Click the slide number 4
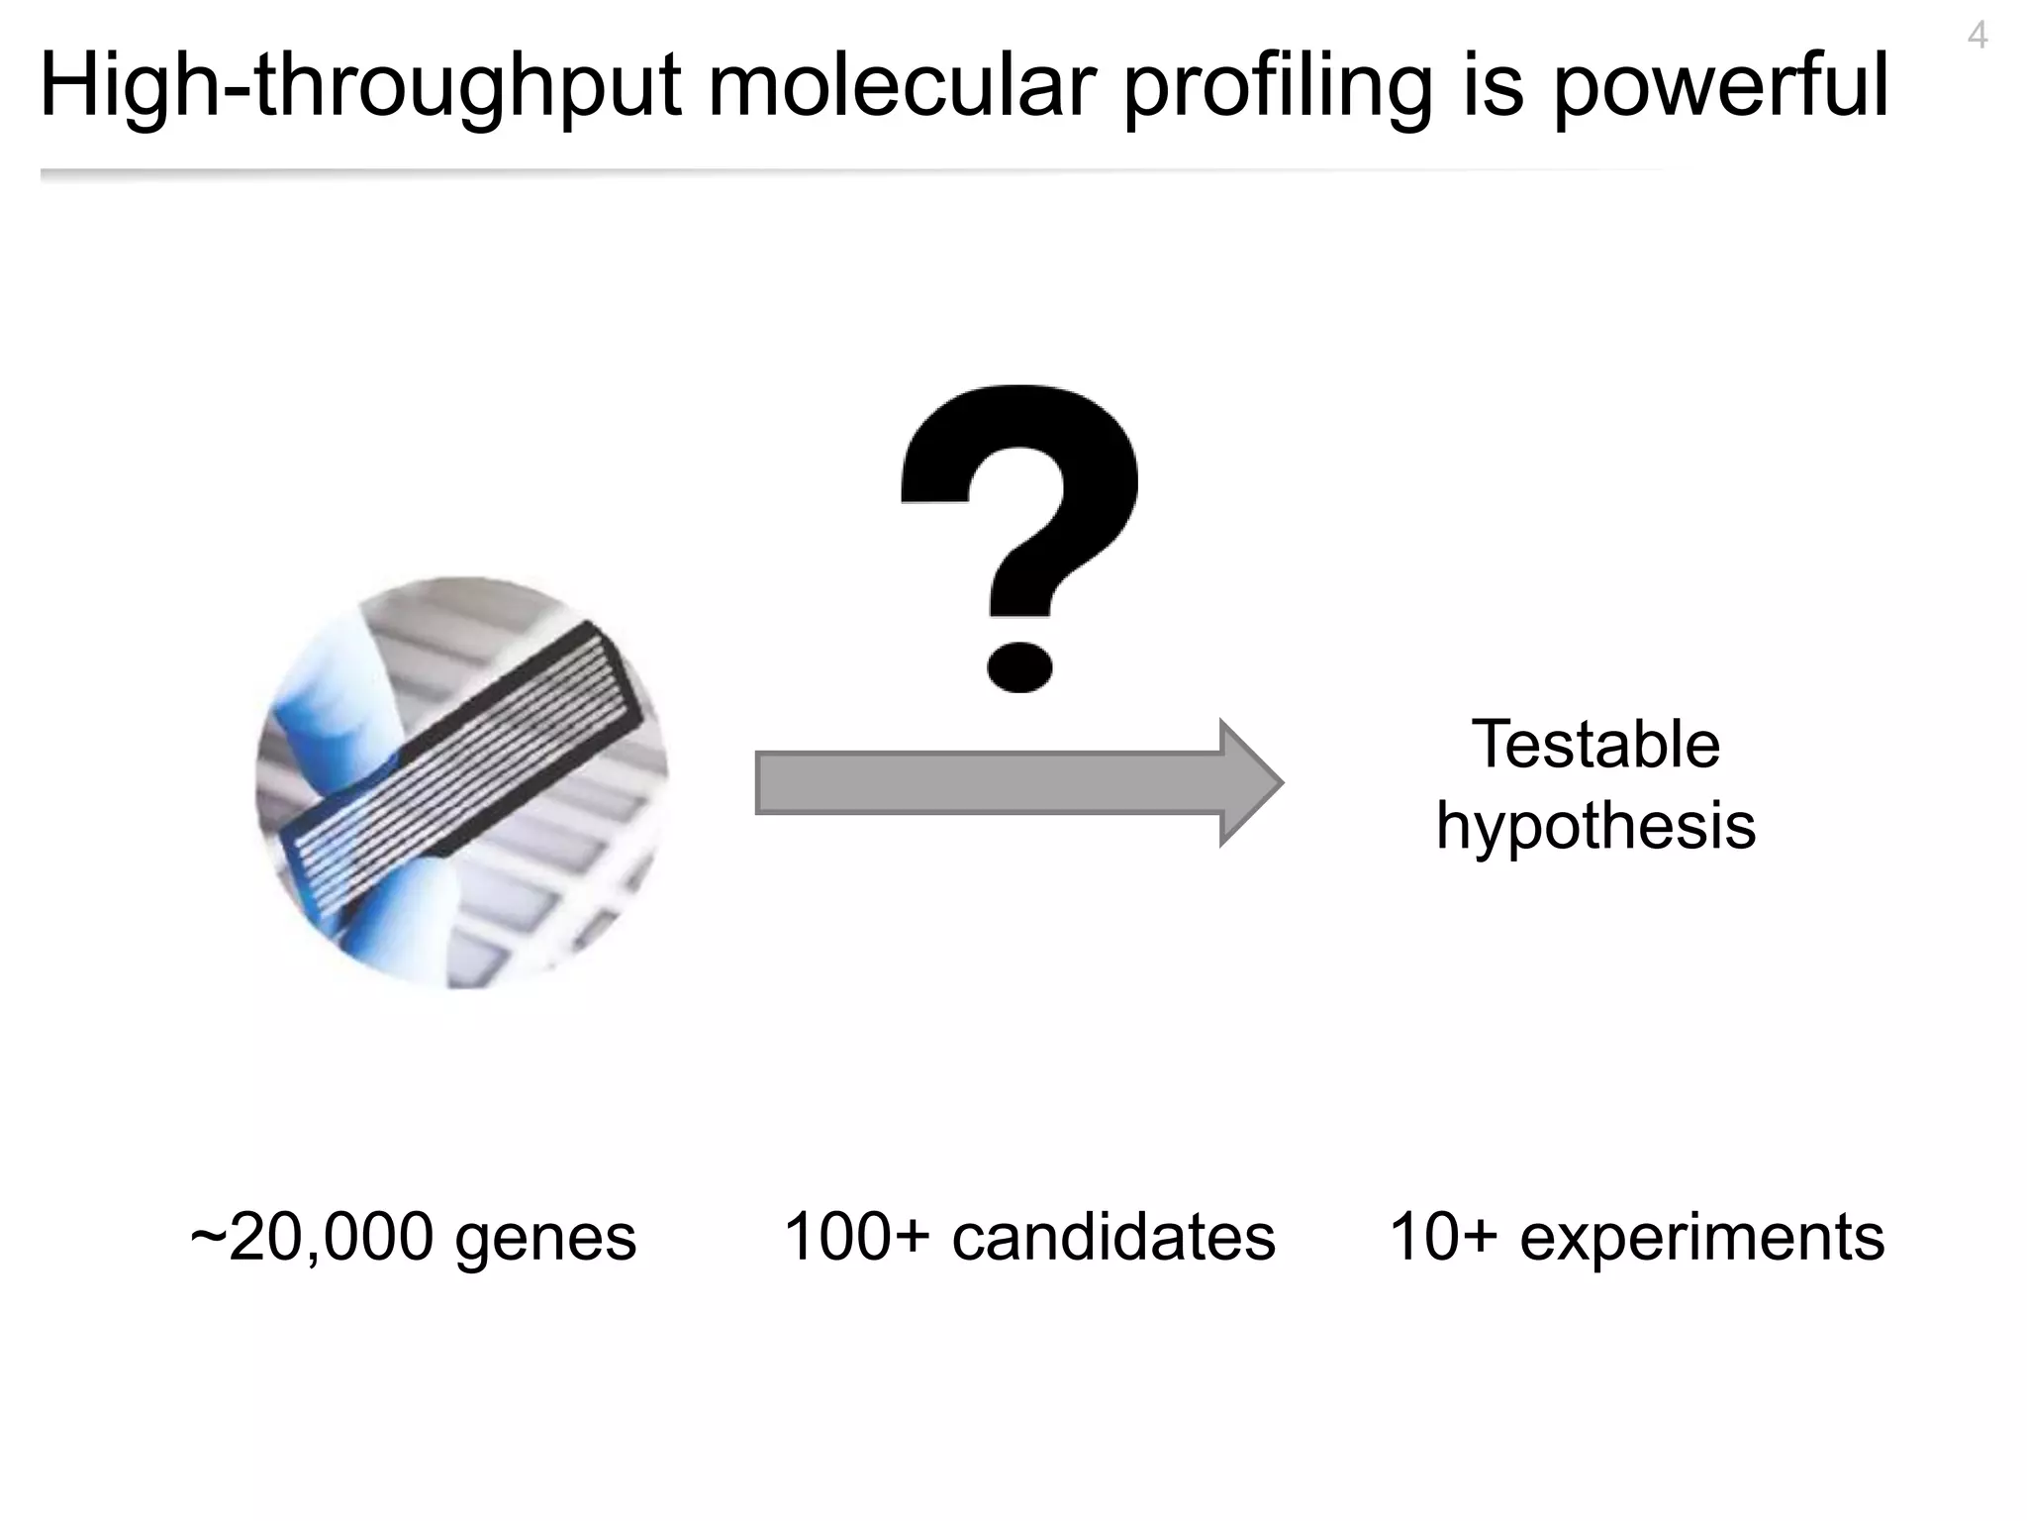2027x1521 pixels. coord(1977,37)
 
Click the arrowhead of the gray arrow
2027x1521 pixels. coord(1249,782)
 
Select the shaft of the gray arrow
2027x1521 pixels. coord(990,783)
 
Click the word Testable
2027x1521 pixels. coord(1595,745)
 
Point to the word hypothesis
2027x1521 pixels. coord(1595,827)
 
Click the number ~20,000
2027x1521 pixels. coord(311,1238)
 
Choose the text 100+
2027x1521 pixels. coord(857,1237)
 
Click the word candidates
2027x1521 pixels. coord(1113,1237)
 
